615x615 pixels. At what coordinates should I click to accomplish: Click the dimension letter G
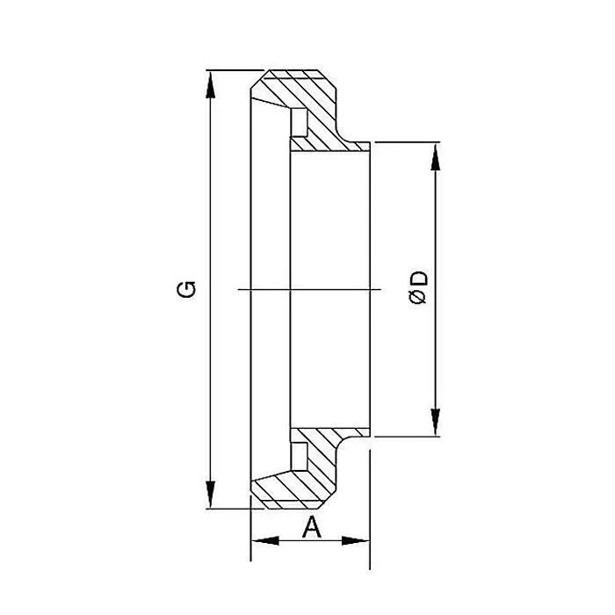[186, 288]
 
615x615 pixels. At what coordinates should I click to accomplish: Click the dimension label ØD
[419, 288]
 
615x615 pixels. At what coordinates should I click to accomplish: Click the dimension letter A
[310, 527]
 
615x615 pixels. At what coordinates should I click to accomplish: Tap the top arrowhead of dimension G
[210, 79]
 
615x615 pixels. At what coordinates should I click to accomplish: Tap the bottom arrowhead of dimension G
[210, 498]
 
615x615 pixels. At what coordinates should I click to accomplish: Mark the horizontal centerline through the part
[307, 289]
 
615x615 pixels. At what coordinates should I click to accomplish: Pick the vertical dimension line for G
[210, 220]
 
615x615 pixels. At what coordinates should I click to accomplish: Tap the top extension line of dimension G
[233, 69]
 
